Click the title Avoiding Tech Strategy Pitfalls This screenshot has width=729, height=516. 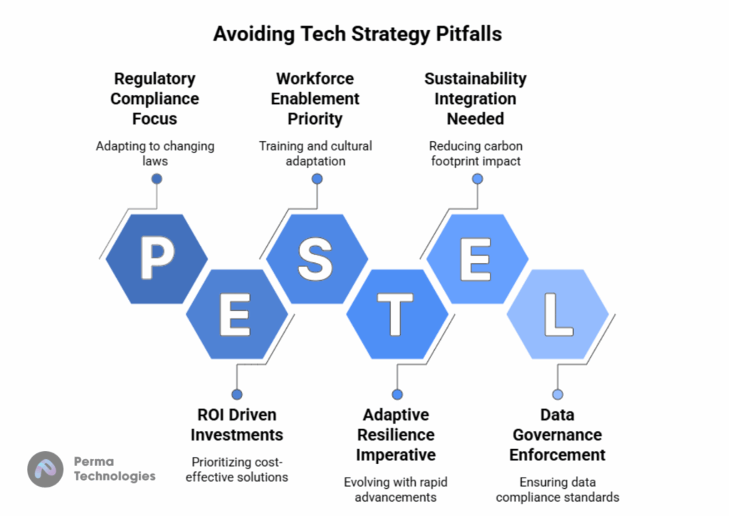point(357,34)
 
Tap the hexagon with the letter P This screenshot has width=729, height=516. point(157,259)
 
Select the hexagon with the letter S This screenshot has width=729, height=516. point(317,259)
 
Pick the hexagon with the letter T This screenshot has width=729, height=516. point(397,314)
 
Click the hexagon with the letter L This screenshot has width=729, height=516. point(557,314)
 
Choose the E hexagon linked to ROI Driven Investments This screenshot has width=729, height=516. point(236,314)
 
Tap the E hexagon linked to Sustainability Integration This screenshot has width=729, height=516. point(478,259)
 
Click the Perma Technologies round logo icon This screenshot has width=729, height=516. point(45,469)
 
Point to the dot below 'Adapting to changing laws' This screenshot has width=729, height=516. point(157,179)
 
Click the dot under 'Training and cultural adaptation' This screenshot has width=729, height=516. point(317,179)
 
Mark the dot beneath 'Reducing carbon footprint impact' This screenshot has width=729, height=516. point(478,179)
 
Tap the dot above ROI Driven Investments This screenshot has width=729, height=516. point(236,395)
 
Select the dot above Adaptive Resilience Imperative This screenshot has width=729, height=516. point(397,395)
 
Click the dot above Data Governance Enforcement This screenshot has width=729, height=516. point(557,395)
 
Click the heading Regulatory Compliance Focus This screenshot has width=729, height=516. point(154,98)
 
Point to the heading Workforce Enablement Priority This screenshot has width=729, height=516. point(315,98)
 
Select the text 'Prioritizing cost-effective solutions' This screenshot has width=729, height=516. point(236,470)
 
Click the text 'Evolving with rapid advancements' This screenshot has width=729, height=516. point(396,490)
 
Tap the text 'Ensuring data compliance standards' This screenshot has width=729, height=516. point(557,490)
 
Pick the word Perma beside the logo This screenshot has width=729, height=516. point(94,462)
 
